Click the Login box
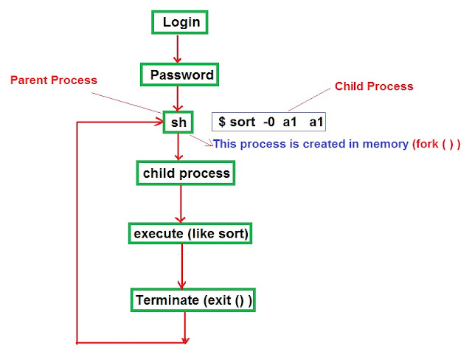(x=181, y=22)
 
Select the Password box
(x=181, y=75)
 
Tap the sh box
(x=178, y=122)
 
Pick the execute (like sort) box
(x=191, y=234)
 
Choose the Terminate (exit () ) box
(x=193, y=300)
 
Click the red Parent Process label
(x=53, y=80)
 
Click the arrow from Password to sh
(x=177, y=98)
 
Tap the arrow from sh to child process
(x=178, y=147)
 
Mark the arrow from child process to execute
(x=181, y=203)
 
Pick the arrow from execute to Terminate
(x=182, y=266)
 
